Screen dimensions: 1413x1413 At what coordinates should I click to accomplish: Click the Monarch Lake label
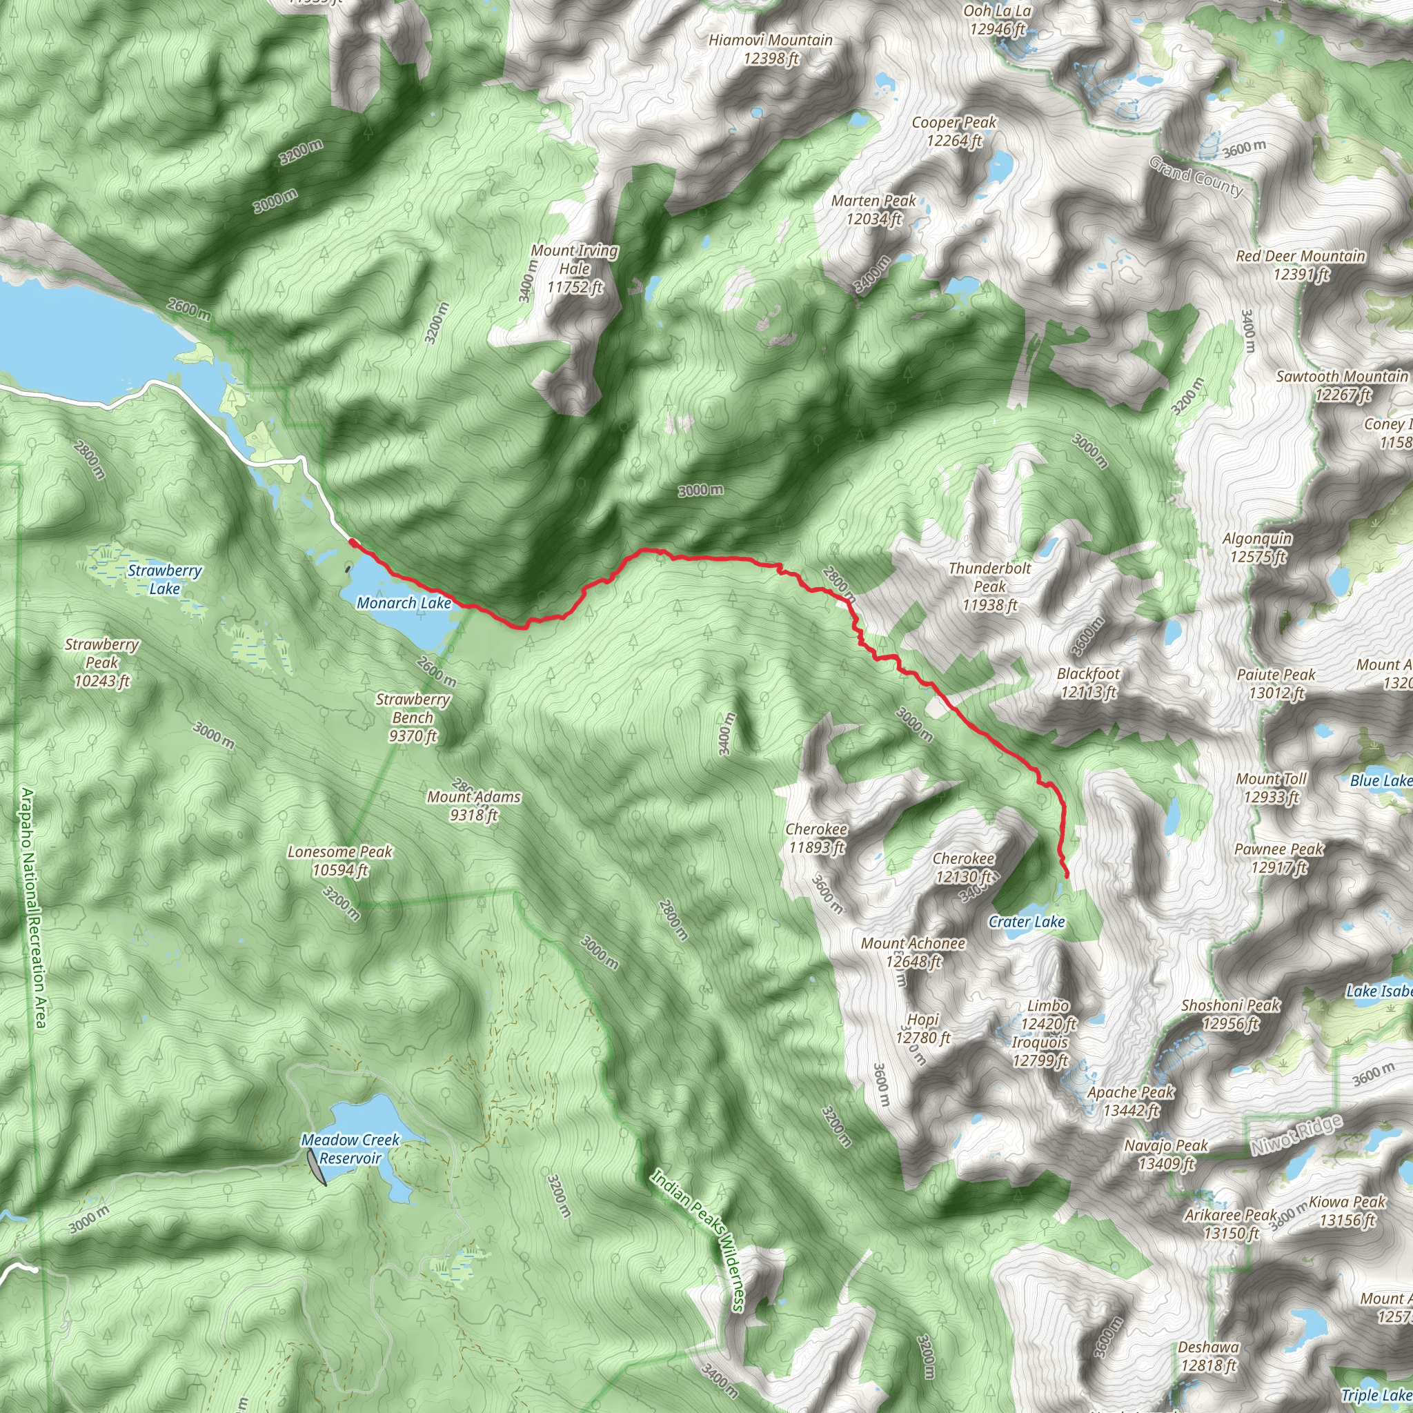click(x=404, y=604)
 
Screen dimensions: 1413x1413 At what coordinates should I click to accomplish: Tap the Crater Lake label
click(x=1026, y=922)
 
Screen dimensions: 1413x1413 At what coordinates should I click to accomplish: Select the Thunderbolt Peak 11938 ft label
click(x=989, y=586)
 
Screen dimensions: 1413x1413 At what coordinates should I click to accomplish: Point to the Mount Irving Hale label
click(x=575, y=268)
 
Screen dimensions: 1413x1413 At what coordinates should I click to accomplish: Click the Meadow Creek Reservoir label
click(x=350, y=1149)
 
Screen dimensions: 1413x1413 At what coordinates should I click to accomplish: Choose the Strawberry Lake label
click(x=165, y=580)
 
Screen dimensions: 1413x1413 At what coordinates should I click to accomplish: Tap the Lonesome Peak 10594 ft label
click(x=340, y=861)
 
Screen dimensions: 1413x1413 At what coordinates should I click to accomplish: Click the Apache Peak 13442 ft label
click(x=1131, y=1101)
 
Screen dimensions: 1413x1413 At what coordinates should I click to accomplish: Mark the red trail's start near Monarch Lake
click(x=352, y=542)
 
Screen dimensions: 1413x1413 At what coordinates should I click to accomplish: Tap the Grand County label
click(x=1196, y=176)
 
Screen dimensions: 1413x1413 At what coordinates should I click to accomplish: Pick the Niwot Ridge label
click(x=1296, y=1135)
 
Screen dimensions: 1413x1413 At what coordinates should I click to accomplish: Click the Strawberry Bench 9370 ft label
click(x=413, y=718)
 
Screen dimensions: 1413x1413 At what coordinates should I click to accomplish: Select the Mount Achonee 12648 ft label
click(x=913, y=952)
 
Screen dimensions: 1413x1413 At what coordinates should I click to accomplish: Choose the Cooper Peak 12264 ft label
click(x=953, y=132)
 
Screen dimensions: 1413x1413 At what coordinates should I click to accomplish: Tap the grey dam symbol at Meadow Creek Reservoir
click(x=317, y=1166)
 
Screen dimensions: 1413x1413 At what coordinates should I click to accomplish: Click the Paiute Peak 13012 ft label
click(x=1276, y=683)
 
